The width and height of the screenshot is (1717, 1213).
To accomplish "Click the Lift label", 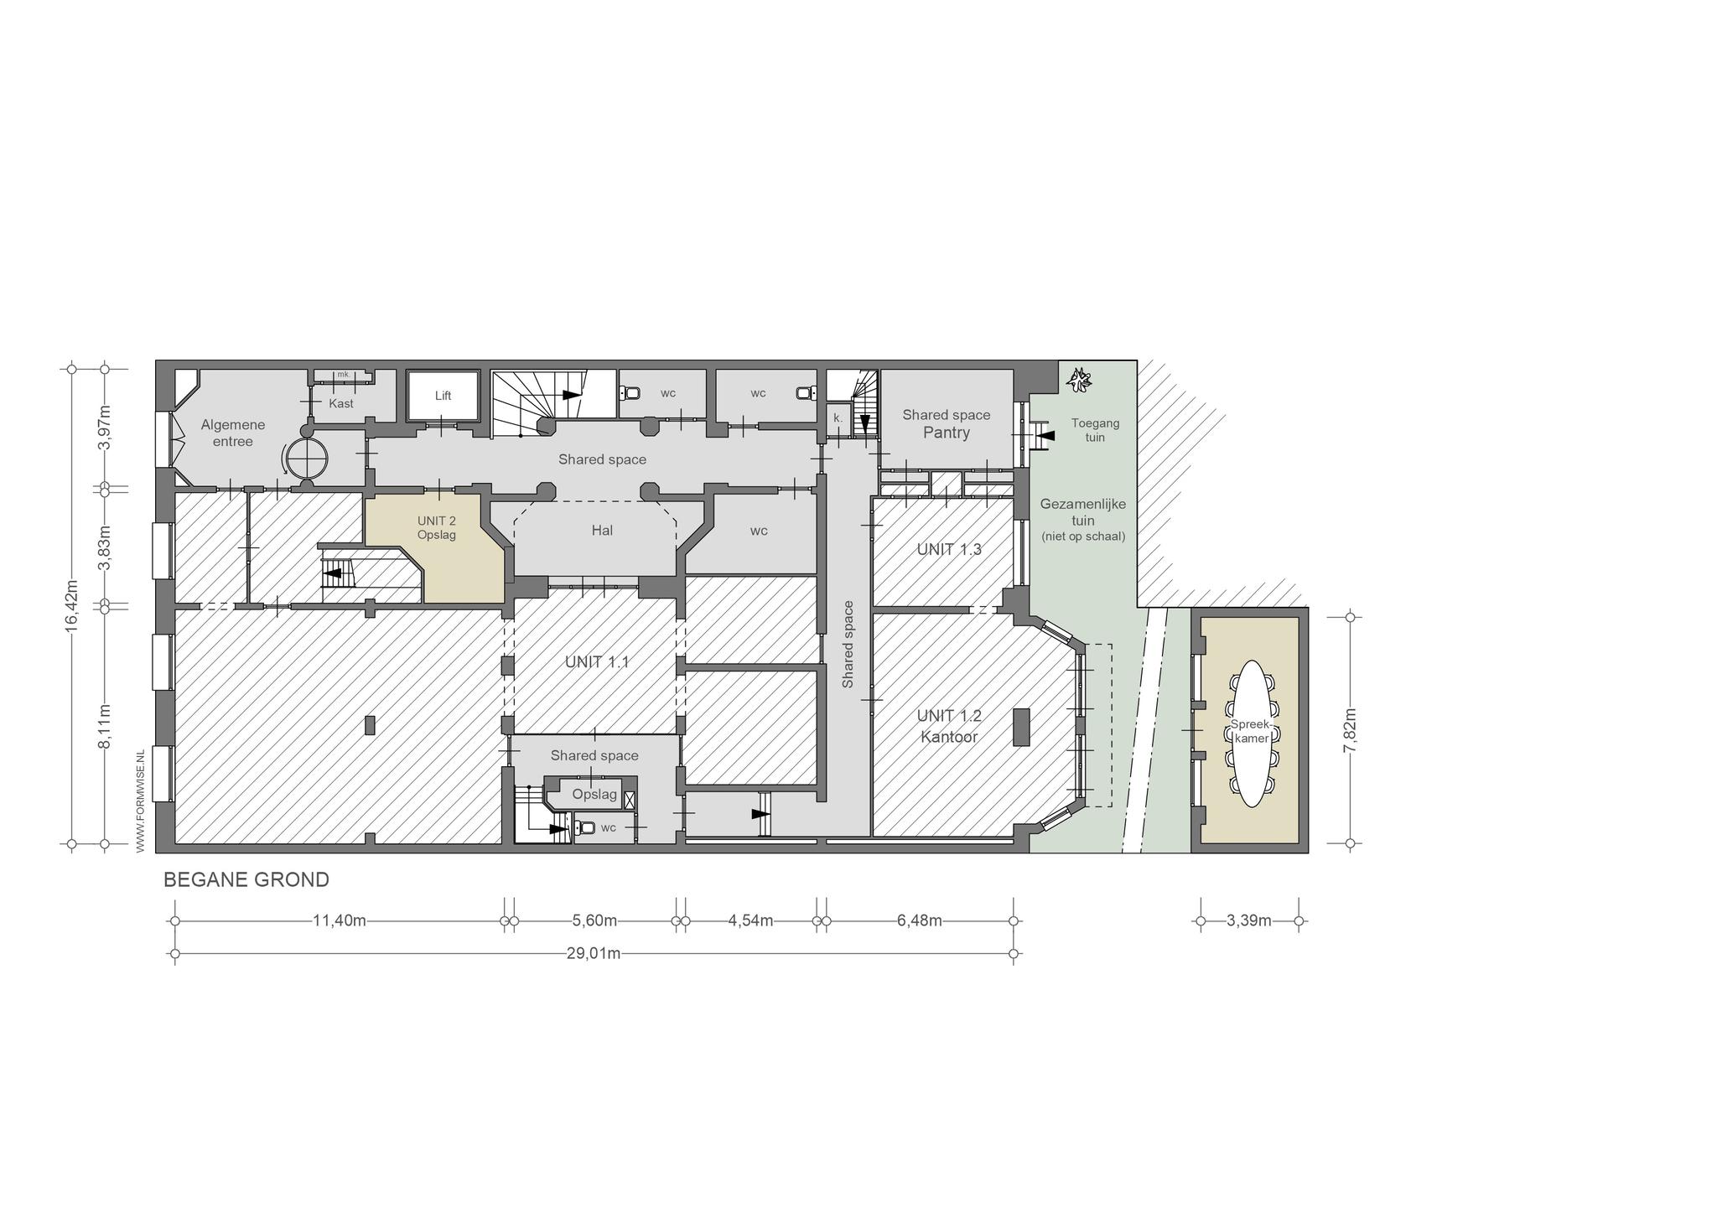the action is (443, 396).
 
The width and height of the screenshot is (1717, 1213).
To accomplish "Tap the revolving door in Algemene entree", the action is (306, 458).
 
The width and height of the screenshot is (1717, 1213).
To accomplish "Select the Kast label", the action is (341, 403).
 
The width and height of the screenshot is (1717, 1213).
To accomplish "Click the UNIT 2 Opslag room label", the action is (437, 527).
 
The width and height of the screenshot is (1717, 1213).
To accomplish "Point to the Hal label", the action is (602, 530).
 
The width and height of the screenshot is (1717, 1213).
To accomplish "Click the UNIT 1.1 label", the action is (597, 662).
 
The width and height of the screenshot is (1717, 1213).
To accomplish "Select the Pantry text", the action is (947, 433).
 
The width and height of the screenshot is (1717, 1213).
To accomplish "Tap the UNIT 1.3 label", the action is (949, 549).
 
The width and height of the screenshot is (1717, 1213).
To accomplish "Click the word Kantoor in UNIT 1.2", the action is (949, 737).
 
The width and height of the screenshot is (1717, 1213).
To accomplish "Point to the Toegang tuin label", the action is (1095, 430).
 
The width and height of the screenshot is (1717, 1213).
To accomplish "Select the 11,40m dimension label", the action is (340, 920).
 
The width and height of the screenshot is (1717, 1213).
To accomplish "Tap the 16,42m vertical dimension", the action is (72, 604).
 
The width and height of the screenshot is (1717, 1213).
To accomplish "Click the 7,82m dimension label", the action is (1350, 731).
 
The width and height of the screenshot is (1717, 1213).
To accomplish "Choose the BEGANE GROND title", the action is (246, 880).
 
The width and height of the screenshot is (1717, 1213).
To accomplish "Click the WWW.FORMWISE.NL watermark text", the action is (141, 801).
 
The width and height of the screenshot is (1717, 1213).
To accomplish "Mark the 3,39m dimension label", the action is (1249, 920).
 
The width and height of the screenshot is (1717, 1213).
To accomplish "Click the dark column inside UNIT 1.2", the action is (1021, 727).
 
